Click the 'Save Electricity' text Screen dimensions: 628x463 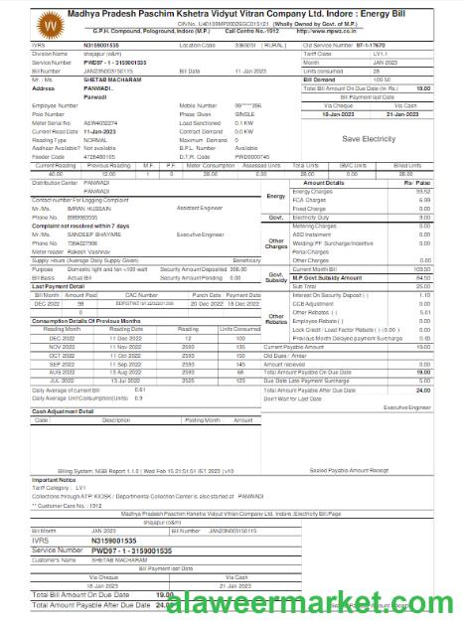(x=370, y=139)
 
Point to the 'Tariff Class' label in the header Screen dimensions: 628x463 (x=323, y=52)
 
